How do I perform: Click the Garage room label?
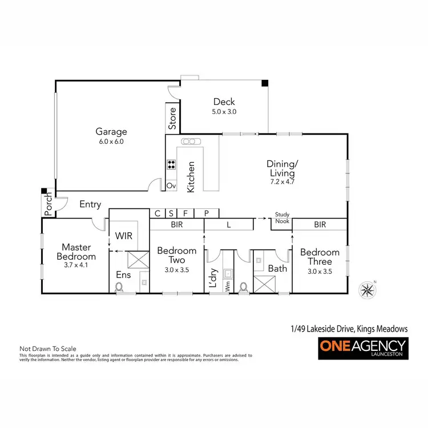[x=111, y=132]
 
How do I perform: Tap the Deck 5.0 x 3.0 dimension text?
[x=224, y=112]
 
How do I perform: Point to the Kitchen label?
[x=191, y=176]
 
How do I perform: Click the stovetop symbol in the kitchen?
[x=171, y=165]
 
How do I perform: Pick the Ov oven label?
[x=171, y=185]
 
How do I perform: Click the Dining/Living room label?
[x=281, y=169]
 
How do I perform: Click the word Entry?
[x=90, y=204]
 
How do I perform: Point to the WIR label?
[x=124, y=235]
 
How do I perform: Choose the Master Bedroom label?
[x=79, y=252]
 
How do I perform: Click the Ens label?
[x=123, y=274]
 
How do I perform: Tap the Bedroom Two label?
[x=176, y=255]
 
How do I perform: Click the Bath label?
[x=277, y=268]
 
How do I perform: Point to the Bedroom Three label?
[x=320, y=256]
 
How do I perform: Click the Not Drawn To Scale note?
[x=48, y=348]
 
